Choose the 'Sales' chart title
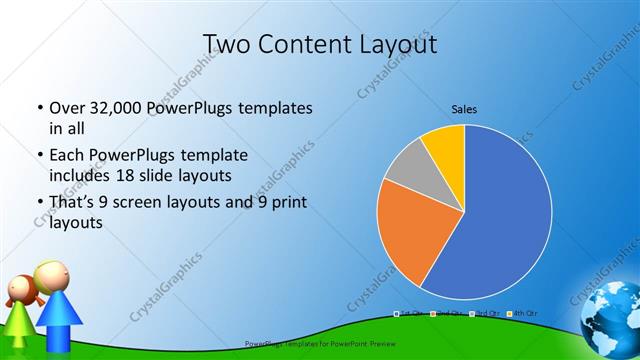[464, 108]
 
